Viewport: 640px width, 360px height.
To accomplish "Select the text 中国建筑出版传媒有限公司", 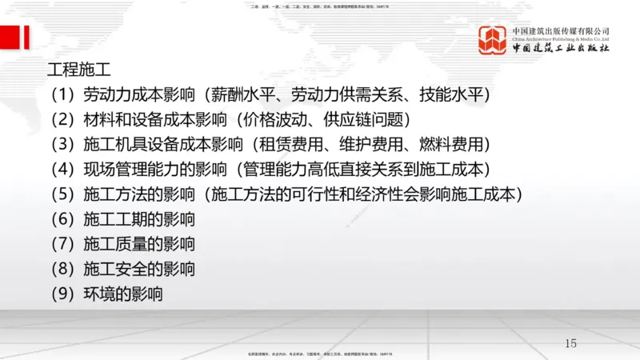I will coord(561,30).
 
